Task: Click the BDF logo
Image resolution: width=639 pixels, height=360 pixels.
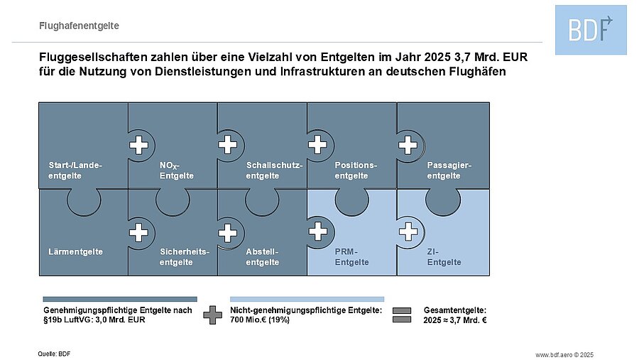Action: [591, 30]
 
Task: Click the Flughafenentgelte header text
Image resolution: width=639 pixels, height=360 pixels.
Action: [79, 26]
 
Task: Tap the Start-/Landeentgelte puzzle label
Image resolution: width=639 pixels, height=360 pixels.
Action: [75, 170]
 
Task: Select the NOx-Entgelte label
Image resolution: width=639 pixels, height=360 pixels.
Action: [177, 171]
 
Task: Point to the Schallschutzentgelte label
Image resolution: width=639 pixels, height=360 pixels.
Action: [274, 170]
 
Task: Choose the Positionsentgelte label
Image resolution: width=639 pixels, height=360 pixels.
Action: [356, 170]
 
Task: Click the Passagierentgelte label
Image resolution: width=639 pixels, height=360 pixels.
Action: [449, 170]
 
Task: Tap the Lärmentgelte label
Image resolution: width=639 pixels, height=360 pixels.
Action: [75, 251]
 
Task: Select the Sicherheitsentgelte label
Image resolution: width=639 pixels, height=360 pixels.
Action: [184, 257]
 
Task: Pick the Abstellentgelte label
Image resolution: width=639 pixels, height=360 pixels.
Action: [263, 257]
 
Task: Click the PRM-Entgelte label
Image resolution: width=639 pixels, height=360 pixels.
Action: [351, 257]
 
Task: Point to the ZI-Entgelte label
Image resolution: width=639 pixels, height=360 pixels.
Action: [444, 257]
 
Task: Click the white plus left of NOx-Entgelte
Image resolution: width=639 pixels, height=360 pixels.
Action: [138, 145]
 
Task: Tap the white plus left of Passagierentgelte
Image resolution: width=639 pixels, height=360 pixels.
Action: [408, 145]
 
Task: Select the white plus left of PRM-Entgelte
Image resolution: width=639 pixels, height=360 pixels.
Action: [318, 231]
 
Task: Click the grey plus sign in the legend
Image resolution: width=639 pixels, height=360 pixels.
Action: [213, 315]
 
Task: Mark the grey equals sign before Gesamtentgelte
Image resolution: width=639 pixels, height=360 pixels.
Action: [402, 315]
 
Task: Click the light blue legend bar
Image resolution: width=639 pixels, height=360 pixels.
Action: [307, 299]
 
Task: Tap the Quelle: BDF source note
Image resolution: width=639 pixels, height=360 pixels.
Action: [54, 354]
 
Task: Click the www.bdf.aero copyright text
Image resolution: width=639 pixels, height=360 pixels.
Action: [564, 355]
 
